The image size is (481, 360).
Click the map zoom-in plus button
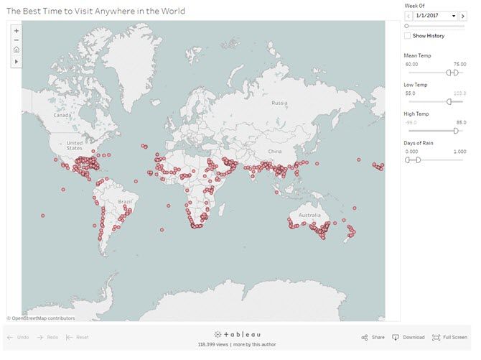(17, 31)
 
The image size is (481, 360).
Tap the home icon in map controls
(17, 50)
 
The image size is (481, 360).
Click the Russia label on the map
(279, 103)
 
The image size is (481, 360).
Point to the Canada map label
(62, 115)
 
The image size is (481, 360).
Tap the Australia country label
(310, 216)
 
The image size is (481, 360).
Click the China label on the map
(275, 152)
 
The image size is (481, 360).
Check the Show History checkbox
(408, 35)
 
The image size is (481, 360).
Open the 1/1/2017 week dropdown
(436, 15)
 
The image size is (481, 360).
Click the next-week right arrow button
(463, 15)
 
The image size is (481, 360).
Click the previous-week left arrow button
(408, 15)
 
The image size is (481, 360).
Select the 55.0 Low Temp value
(411, 93)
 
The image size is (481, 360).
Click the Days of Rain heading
(420, 143)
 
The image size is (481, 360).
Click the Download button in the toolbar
(408, 337)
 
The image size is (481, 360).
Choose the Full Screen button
(451, 337)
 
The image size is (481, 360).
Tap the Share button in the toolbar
(374, 337)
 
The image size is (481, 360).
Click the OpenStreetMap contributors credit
(41, 318)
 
